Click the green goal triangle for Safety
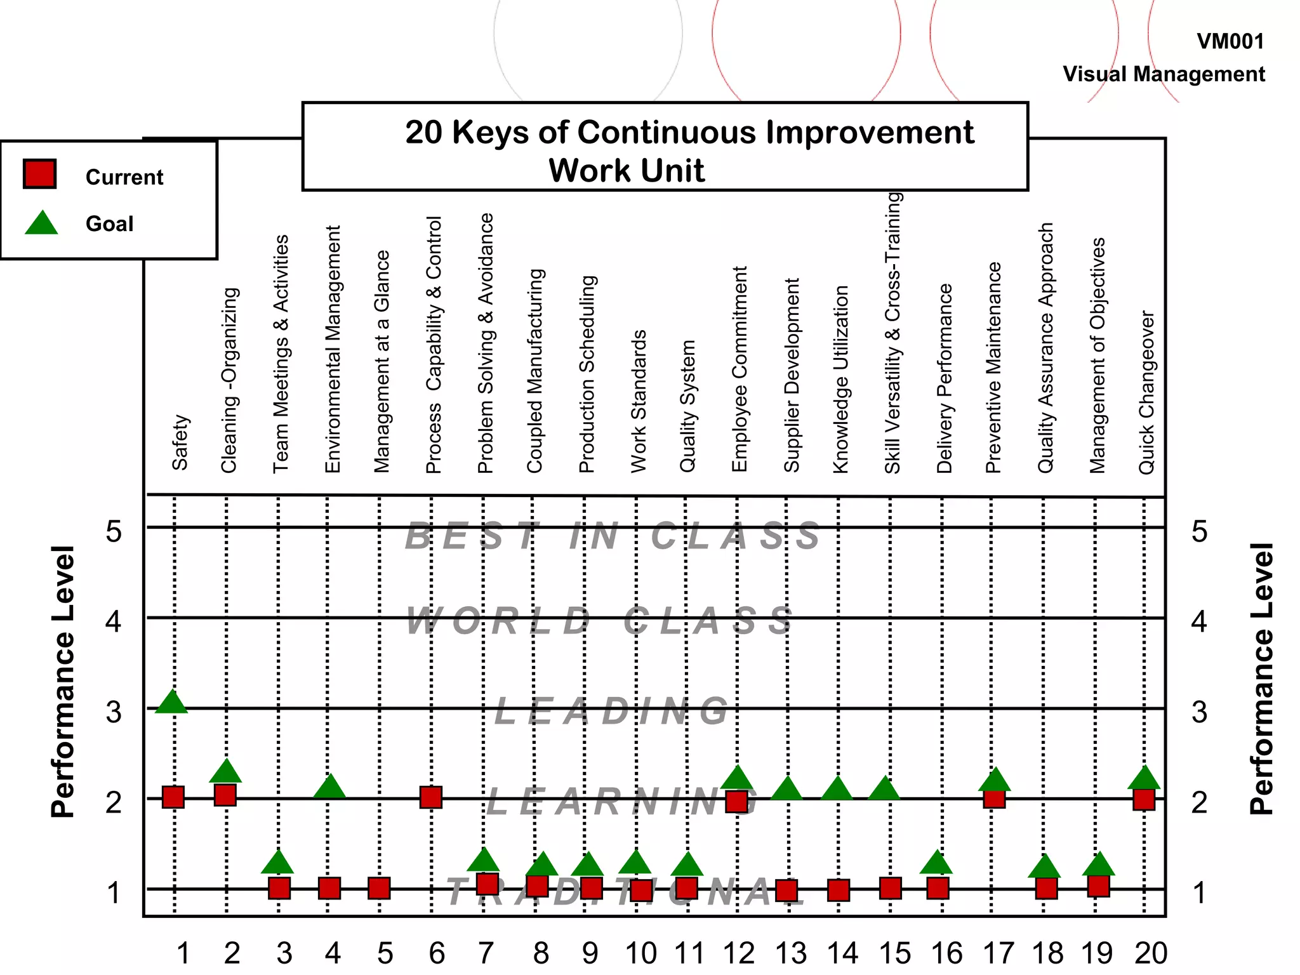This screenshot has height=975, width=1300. (x=171, y=703)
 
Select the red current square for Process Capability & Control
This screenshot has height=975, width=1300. (x=431, y=797)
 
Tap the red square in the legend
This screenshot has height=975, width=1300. (x=40, y=174)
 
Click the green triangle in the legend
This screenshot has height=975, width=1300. (x=41, y=224)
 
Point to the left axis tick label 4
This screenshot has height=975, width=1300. (x=114, y=621)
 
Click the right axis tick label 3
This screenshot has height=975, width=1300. (x=1199, y=712)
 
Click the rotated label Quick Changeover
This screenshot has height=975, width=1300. (x=1146, y=392)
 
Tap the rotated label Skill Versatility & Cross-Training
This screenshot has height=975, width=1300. (x=892, y=333)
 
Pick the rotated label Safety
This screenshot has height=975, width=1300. (x=180, y=442)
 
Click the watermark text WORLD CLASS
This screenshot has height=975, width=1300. (x=600, y=621)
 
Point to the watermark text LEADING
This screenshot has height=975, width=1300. (x=612, y=712)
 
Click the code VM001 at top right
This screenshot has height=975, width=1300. (x=1230, y=42)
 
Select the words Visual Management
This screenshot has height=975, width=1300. (x=1164, y=74)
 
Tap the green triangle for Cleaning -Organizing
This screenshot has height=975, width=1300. (x=225, y=772)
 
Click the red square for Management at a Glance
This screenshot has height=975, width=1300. (x=379, y=888)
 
